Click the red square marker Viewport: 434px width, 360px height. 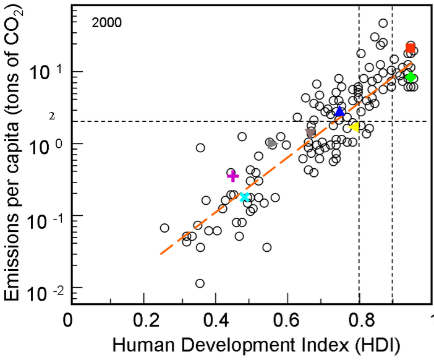point(410,48)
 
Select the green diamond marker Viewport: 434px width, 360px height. point(410,77)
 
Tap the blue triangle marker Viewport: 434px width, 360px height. point(339,111)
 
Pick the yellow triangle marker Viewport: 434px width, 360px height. point(355,127)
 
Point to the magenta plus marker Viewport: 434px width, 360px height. point(232,176)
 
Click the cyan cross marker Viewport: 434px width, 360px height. point(244,197)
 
